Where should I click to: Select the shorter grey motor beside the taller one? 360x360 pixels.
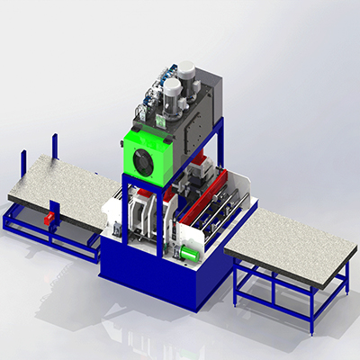coord(169,93)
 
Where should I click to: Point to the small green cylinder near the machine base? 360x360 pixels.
coord(186,253)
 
